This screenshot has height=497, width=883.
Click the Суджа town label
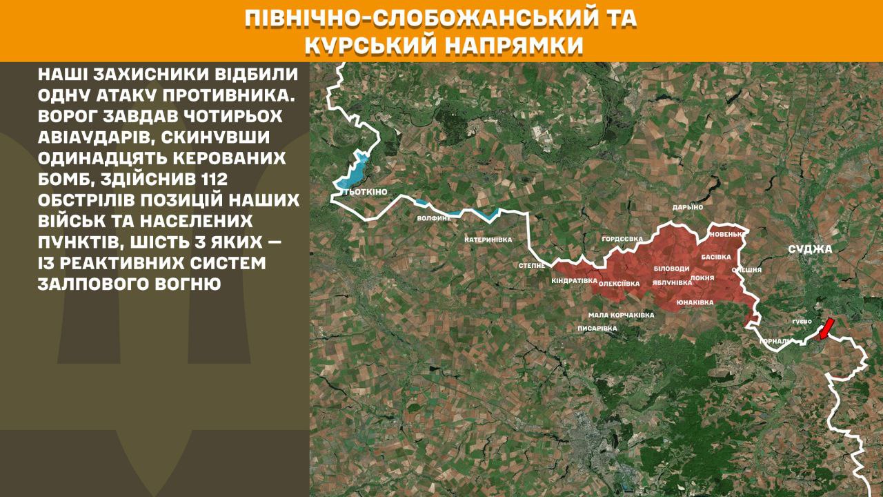point(813,249)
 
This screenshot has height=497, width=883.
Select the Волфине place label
point(434,218)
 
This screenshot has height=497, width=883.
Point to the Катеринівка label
point(488,240)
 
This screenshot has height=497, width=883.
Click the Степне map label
point(532,265)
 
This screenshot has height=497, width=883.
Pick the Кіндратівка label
point(574,281)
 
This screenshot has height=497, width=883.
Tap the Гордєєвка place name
point(622,239)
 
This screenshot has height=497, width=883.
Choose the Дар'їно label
point(687,207)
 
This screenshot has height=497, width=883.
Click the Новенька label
point(726,234)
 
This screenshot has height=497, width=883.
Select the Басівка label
point(715,256)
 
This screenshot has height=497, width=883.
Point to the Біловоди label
point(671,268)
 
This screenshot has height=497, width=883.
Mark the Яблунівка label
point(672,282)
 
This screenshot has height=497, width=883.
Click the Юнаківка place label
point(695,302)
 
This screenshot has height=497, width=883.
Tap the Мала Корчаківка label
point(621,315)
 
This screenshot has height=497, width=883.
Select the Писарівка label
point(597,328)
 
